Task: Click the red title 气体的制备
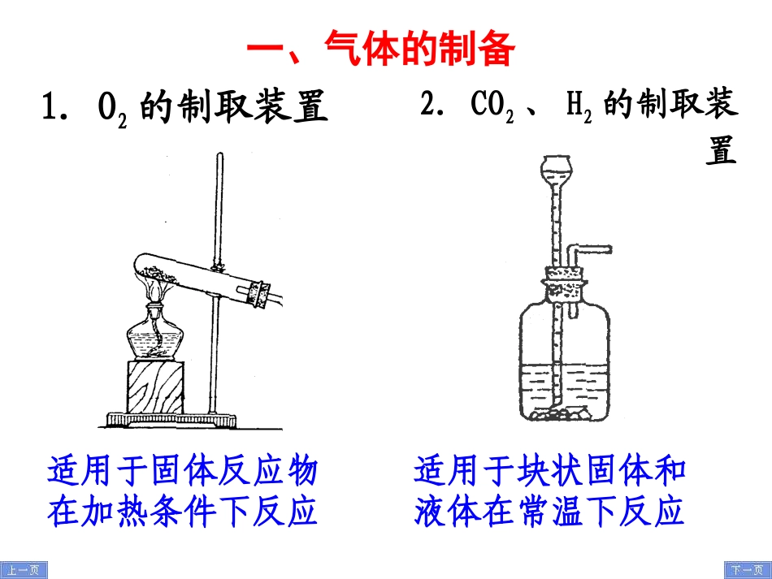tap(381, 49)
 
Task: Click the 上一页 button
tap(24, 570)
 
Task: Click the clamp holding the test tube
tap(218, 266)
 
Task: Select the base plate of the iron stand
tap(171, 420)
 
